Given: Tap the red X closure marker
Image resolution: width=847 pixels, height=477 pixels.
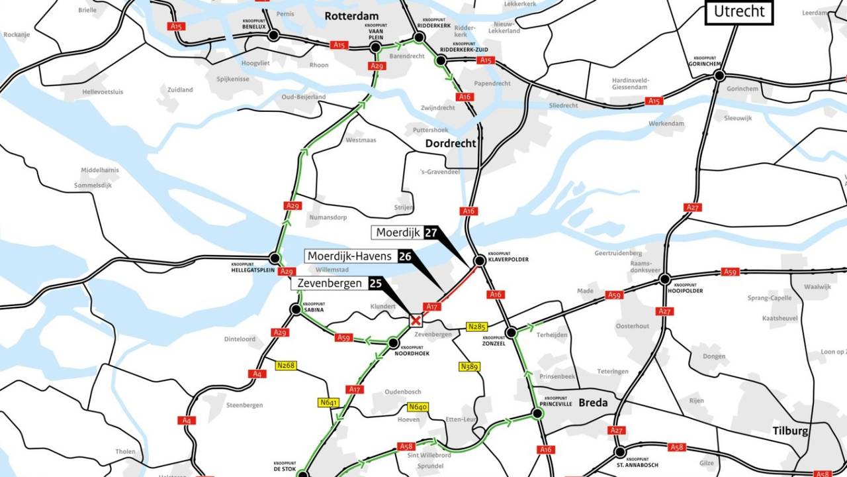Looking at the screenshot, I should point(416,321).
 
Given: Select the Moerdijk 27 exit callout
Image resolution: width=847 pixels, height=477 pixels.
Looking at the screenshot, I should point(406,233).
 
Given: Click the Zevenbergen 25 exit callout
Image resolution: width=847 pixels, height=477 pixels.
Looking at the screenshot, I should point(337,284).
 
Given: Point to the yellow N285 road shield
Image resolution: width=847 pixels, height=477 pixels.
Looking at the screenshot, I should point(476,327).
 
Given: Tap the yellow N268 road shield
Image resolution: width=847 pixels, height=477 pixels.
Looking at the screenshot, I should point(286,365).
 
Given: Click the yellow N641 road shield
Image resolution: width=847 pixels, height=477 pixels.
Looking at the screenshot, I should point(328,402).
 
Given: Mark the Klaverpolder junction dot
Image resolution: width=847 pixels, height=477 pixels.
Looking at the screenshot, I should point(480,261).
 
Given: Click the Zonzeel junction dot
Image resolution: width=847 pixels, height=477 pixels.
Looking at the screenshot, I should point(511,333).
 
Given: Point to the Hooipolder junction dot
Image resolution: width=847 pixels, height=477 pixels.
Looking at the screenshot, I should point(664,280).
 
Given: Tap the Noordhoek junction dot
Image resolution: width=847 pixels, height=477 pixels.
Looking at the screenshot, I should point(393,343).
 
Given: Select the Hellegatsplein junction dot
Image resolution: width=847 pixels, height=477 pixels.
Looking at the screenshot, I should point(275,258).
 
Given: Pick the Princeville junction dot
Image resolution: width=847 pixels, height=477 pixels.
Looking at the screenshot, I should point(537,413).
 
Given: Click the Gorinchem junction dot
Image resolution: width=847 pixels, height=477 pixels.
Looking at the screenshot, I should point(719,76).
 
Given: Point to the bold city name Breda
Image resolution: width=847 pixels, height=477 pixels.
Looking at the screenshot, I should point(593,403).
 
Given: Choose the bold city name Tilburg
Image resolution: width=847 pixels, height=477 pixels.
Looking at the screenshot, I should point(790,431).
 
